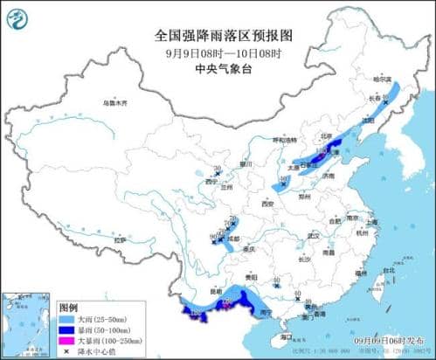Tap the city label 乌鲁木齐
pos(114,103)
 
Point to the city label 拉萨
pos(121,238)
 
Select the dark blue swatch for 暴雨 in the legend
pos(66,330)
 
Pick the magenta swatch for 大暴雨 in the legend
pos(66,341)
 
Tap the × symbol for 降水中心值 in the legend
pos(66,351)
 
